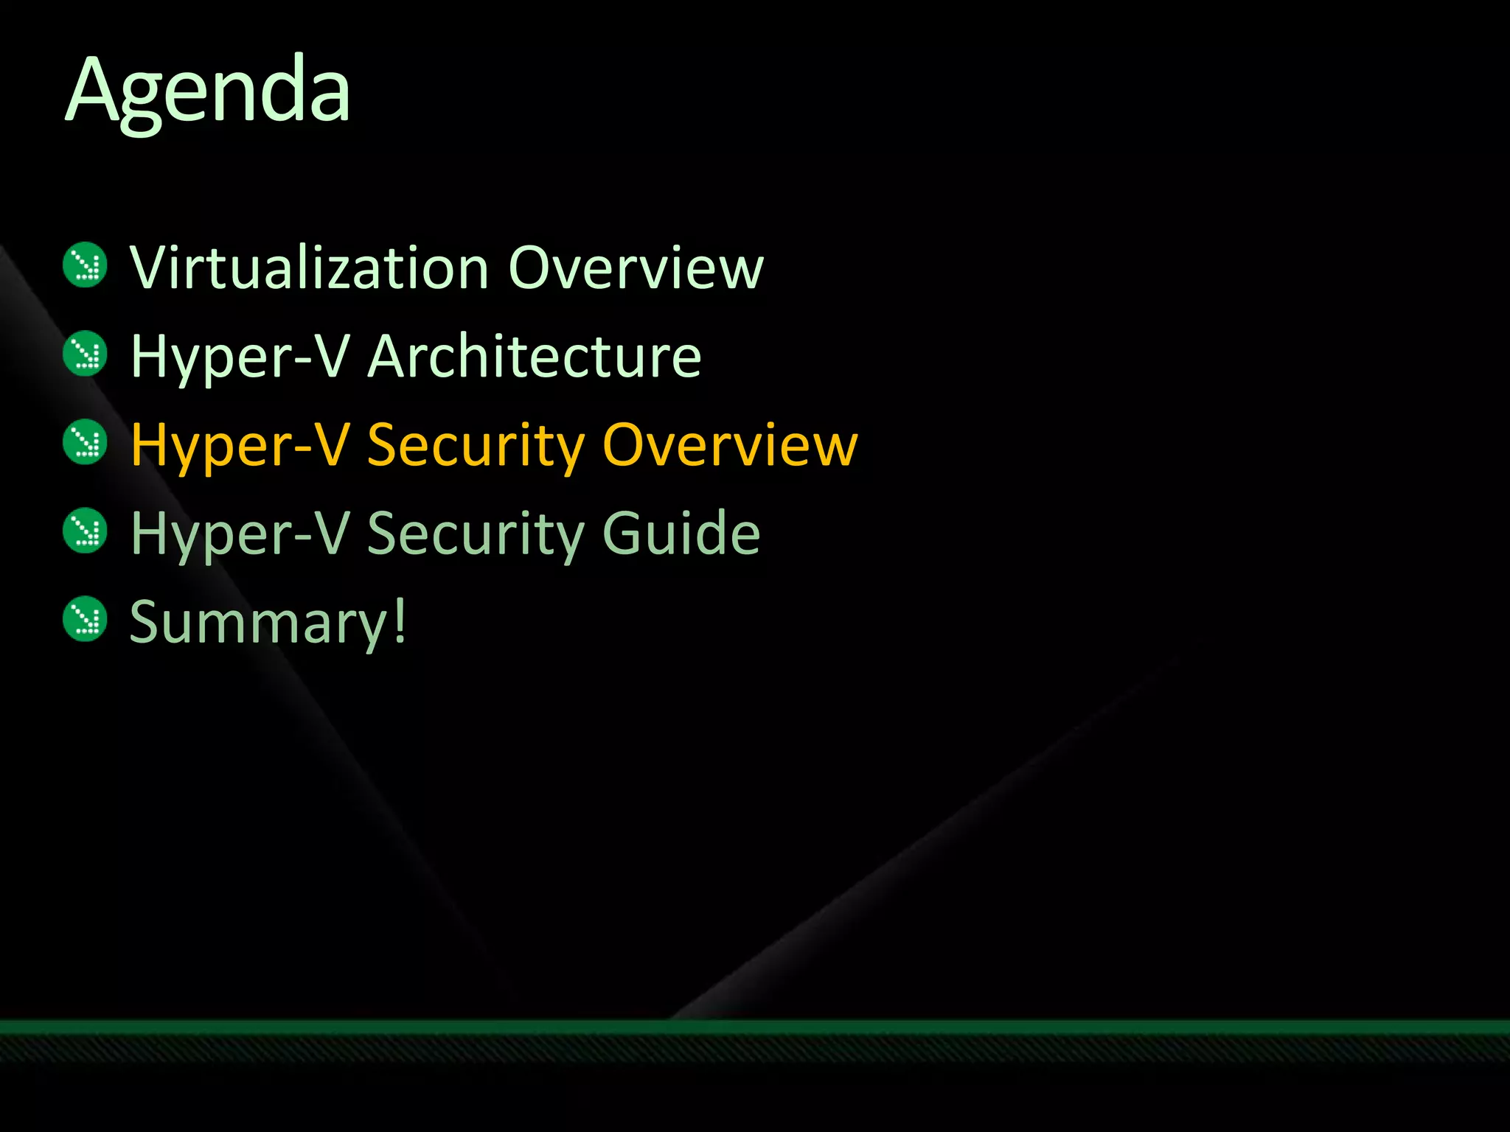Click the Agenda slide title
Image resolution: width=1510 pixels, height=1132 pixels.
209,91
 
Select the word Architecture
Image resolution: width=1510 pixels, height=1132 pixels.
535,356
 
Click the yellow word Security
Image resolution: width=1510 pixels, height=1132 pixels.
476,446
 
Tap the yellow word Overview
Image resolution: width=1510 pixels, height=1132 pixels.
730,444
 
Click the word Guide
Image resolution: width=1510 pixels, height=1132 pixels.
681,533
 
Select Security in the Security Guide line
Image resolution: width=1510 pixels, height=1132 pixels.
476,534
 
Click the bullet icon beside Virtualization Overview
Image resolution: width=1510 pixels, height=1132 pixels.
86,265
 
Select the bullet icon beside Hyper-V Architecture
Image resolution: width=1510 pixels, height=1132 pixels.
86,353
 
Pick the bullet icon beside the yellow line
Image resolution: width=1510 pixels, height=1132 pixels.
86,441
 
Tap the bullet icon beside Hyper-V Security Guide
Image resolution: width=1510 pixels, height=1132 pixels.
86,530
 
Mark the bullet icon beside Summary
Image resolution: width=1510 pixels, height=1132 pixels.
86,618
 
